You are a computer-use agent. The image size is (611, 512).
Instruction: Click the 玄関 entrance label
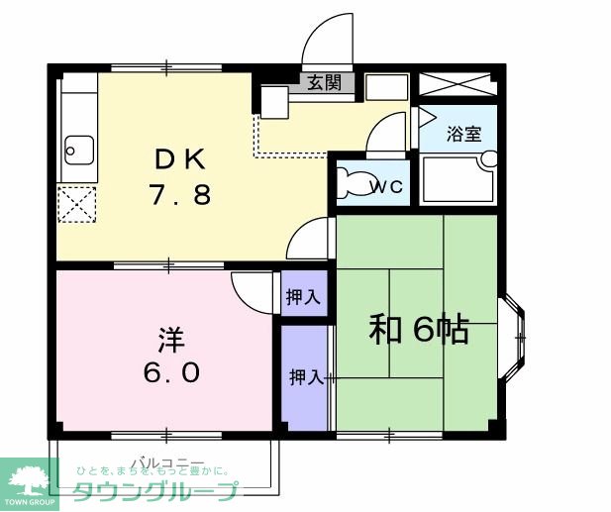point(324,82)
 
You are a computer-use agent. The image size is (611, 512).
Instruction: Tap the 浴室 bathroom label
point(461,131)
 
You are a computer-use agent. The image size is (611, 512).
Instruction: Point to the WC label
point(386,185)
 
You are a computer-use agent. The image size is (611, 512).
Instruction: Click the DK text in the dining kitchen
point(180,158)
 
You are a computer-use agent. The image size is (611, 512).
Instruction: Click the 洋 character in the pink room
point(169,338)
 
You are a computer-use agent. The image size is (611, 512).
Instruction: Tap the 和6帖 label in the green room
point(419,330)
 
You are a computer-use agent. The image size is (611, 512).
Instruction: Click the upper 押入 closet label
point(303,296)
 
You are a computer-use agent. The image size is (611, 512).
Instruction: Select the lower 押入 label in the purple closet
point(305,377)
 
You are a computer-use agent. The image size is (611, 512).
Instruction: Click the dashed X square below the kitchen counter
point(75,205)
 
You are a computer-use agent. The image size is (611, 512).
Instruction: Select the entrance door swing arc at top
point(327,40)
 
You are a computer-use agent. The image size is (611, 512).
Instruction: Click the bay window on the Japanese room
point(513,338)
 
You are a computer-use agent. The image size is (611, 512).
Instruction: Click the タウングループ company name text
point(155,491)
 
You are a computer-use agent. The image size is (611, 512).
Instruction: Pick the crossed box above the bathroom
point(457,83)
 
